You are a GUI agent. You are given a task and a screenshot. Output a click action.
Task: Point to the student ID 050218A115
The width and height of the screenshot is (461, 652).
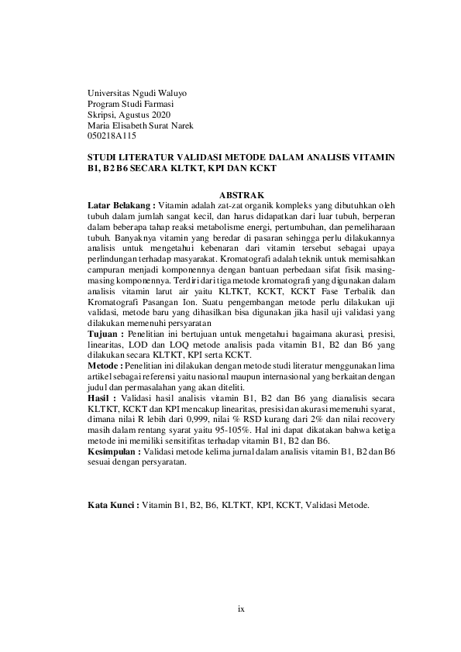(112, 136)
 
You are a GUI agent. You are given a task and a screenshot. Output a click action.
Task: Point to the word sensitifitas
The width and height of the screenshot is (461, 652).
(186, 439)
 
